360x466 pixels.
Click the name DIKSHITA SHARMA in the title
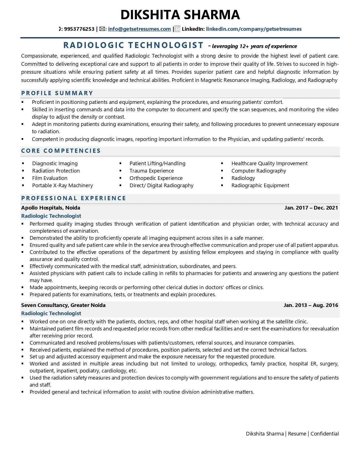(180, 15)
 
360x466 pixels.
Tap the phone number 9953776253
(79, 29)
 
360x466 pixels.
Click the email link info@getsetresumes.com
(139, 29)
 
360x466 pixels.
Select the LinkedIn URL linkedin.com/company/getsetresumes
(254, 29)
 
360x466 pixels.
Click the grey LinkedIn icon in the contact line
(177, 29)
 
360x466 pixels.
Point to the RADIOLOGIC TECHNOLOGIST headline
(133, 45)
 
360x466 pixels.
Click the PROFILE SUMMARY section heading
(57, 93)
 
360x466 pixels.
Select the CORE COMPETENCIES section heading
(61, 151)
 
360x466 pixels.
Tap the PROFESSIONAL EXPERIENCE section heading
(74, 198)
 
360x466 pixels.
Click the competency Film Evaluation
(50, 178)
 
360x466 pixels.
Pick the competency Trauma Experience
(152, 171)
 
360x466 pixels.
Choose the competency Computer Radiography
(259, 171)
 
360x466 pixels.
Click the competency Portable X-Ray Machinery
(62, 186)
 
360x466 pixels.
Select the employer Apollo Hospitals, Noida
(51, 208)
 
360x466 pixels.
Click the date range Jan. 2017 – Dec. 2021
(311, 208)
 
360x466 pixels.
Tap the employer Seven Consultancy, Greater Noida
(63, 305)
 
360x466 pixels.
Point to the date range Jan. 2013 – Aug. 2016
(311, 305)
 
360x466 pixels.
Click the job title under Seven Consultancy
(51, 313)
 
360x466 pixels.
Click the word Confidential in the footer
(324, 434)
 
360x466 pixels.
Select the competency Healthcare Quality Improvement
(269, 164)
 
